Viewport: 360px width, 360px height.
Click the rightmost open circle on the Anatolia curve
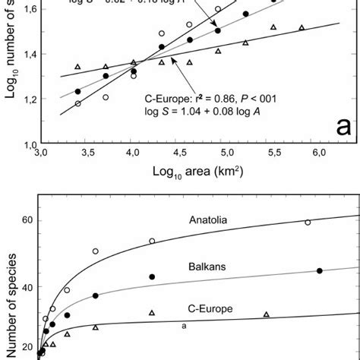pos(308,223)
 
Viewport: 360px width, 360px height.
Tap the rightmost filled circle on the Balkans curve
pos(319,271)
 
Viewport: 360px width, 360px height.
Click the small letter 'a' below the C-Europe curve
pos(184,325)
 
